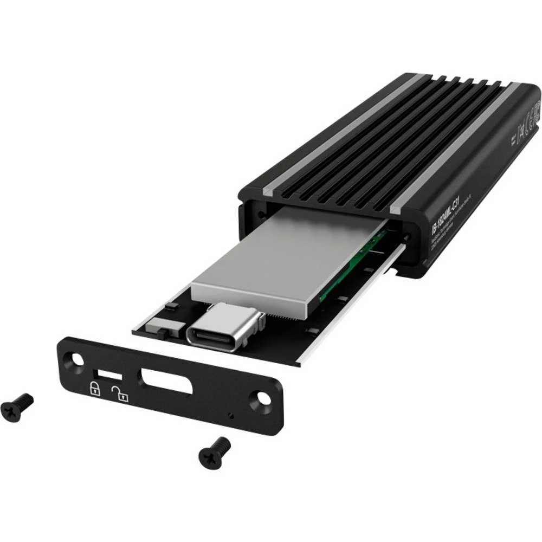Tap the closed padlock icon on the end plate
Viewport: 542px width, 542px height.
tap(95, 388)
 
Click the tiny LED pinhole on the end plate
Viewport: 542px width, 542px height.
tap(232, 416)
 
